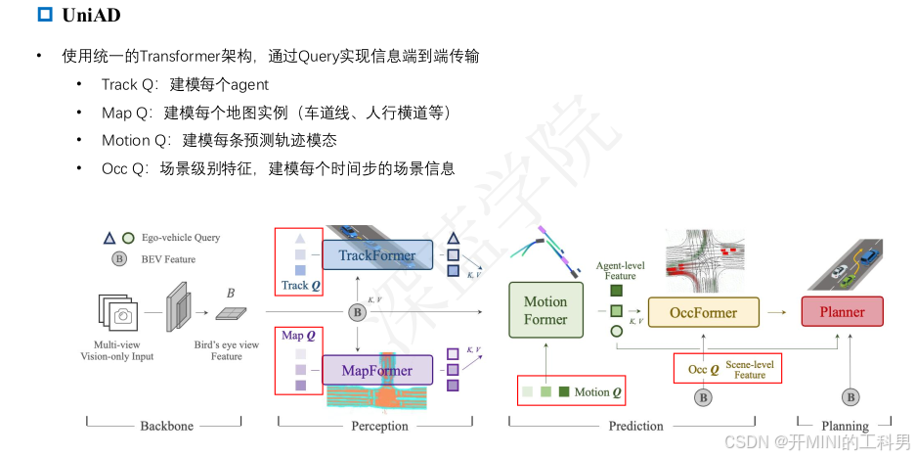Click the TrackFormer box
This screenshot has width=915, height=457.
pos(376,255)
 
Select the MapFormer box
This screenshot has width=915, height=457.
pos(377,371)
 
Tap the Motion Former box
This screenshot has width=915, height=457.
pos(545,310)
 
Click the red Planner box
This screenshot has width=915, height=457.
pos(842,312)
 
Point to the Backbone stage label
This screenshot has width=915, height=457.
pos(165,426)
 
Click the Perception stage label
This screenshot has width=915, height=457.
pos(379,426)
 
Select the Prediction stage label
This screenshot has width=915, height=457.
pos(634,426)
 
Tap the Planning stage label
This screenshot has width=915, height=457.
pos(845,426)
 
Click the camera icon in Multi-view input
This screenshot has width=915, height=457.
pos(123,315)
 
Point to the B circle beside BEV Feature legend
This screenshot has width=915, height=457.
pos(119,259)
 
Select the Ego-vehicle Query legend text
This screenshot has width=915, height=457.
pos(181,237)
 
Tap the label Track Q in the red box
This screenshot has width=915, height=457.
pos(300,286)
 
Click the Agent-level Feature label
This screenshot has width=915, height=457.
pos(620,270)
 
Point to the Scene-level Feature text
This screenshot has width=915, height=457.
pos(750,369)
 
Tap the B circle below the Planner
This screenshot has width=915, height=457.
pos(851,396)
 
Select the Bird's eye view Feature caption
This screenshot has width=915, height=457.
pos(226,350)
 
